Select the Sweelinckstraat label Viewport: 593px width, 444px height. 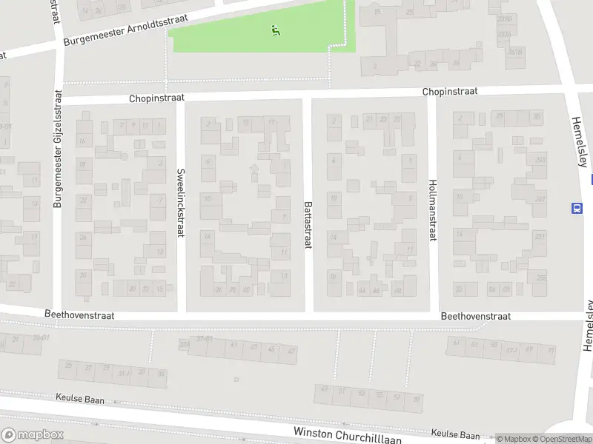(x=180, y=203)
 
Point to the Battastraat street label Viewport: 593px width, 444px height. (x=307, y=224)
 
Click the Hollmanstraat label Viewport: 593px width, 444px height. (x=432, y=209)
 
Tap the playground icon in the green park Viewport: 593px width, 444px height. (x=276, y=30)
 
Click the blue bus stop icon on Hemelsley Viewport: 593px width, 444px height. (x=576, y=208)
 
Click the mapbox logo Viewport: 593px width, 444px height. (x=32, y=435)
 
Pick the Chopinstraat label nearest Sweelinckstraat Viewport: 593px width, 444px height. (x=155, y=98)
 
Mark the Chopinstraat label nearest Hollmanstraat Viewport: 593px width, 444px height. (x=450, y=92)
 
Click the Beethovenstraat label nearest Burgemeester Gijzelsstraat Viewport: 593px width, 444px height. (x=79, y=315)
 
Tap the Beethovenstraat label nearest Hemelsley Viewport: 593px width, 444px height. (x=475, y=316)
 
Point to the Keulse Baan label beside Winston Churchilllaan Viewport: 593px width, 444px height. (x=456, y=435)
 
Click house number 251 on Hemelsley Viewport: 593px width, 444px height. (x=540, y=237)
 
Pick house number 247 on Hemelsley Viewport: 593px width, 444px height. (x=540, y=199)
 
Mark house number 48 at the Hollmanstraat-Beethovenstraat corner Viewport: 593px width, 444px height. (x=398, y=291)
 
